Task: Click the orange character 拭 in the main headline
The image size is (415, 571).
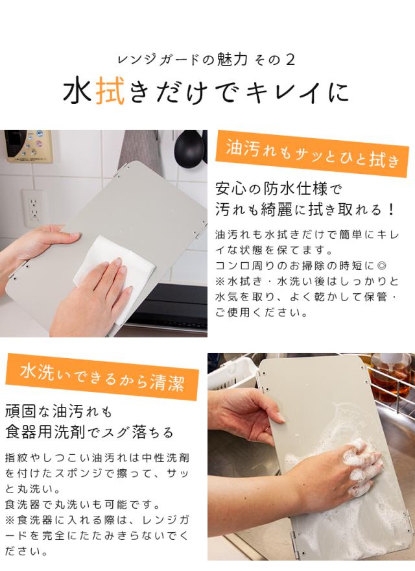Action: (111, 91)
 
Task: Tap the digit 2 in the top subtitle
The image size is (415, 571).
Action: (290, 60)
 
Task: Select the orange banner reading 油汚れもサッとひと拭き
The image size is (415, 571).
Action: (312, 154)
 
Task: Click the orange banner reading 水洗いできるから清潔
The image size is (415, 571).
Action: (102, 377)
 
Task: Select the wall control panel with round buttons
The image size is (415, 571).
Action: (29, 145)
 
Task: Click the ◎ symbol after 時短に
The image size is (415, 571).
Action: (381, 265)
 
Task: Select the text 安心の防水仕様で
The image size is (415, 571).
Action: (279, 189)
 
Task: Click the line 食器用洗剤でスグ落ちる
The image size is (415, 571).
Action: (89, 432)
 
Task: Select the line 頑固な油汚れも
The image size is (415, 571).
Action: (58, 411)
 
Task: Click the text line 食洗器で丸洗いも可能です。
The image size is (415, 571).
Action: (83, 504)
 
